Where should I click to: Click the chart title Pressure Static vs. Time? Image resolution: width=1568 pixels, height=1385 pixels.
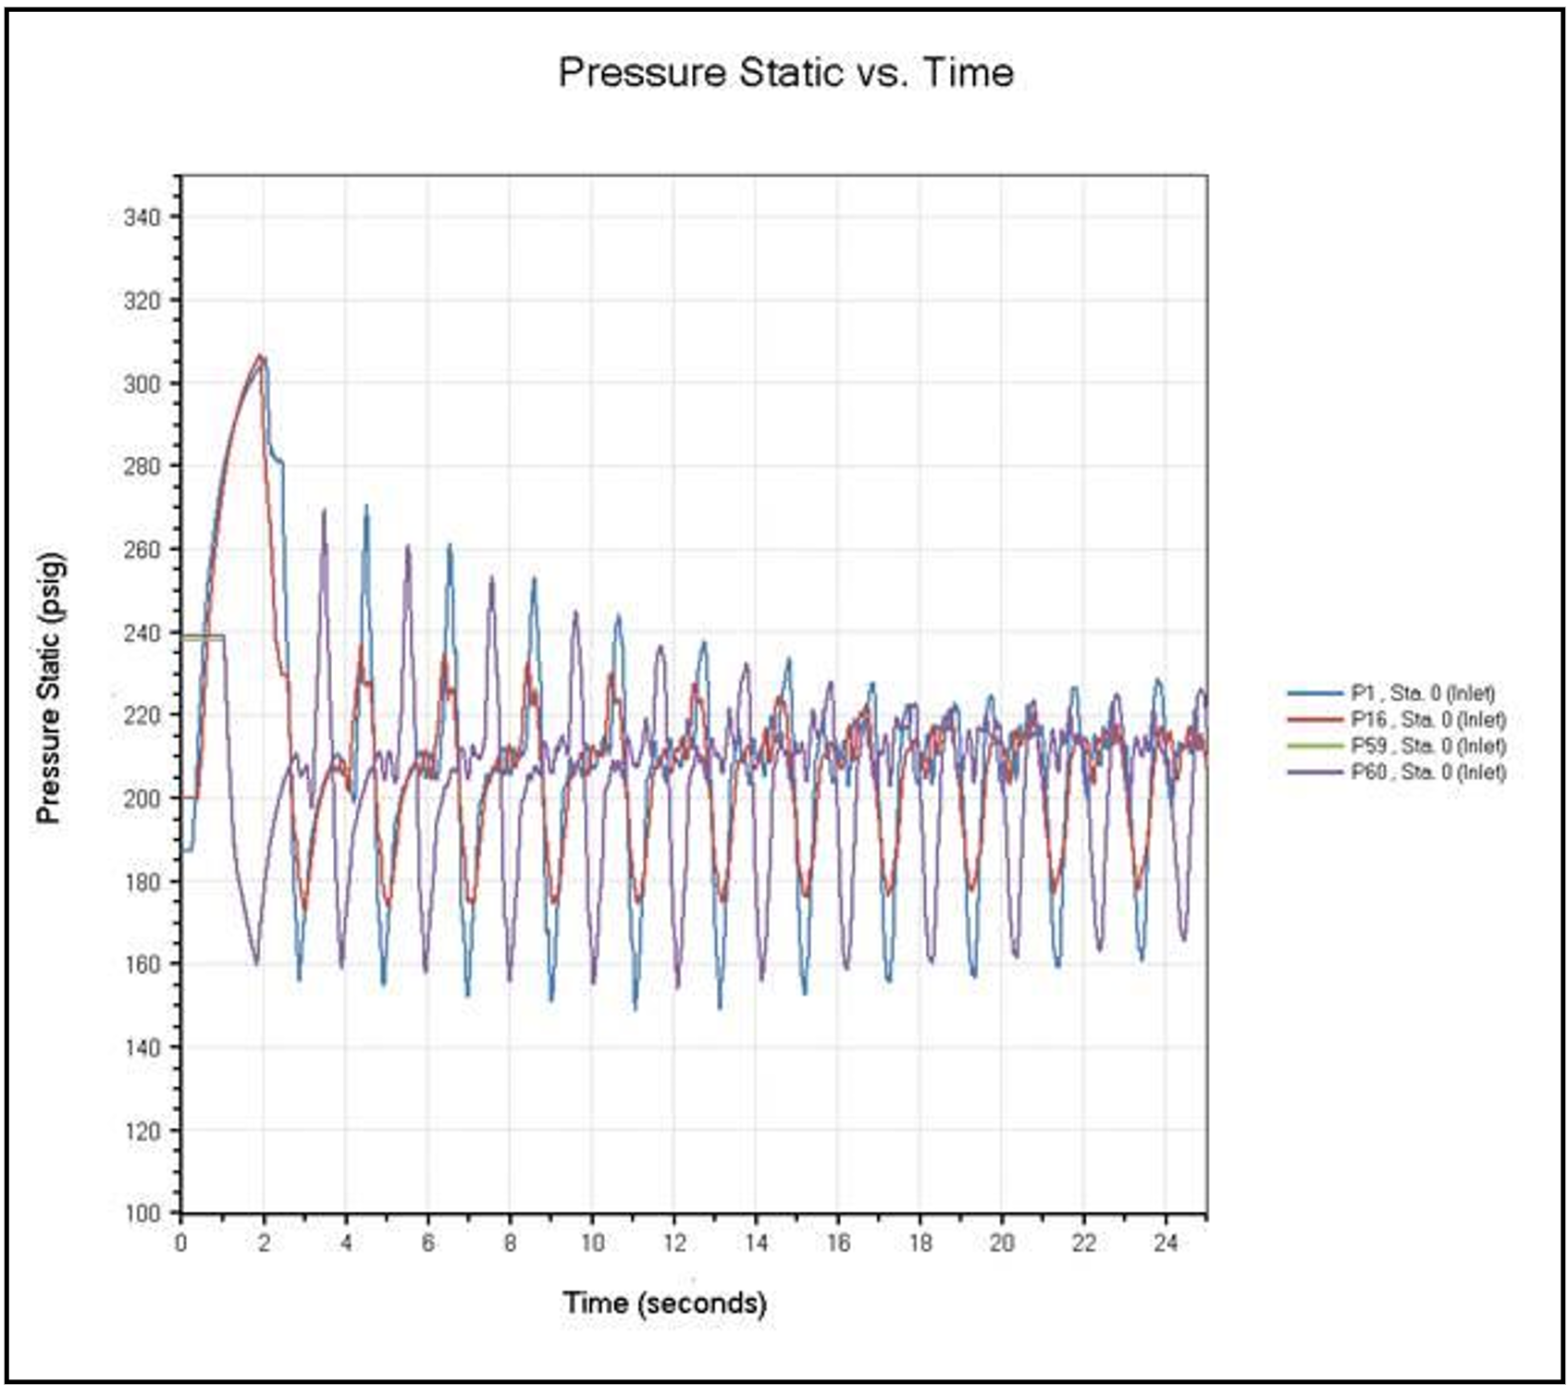pos(785,72)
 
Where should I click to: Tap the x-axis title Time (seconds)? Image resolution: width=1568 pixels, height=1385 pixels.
pos(664,1303)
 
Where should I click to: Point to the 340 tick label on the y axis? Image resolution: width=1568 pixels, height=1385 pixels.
pos(142,217)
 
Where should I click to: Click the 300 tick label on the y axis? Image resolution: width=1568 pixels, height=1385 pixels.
pos(142,383)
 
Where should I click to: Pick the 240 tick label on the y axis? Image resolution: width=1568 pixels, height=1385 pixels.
pos(142,633)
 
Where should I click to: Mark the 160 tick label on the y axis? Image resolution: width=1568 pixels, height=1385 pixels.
pos(142,964)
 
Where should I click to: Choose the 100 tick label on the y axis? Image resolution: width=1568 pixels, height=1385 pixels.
pos(142,1213)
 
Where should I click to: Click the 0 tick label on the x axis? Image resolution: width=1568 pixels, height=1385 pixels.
pos(181,1243)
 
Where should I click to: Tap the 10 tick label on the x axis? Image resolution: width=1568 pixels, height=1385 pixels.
pos(592,1243)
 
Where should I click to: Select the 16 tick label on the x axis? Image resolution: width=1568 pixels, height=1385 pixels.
pos(838,1243)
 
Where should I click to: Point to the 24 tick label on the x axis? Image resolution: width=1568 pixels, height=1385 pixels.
pos(1166,1243)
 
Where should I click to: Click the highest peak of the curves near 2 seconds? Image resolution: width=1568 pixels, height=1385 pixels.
pos(261,356)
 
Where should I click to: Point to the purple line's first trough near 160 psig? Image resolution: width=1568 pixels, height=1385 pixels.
pos(256,963)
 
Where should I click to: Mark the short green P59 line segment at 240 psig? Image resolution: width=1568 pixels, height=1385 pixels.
pos(203,637)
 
